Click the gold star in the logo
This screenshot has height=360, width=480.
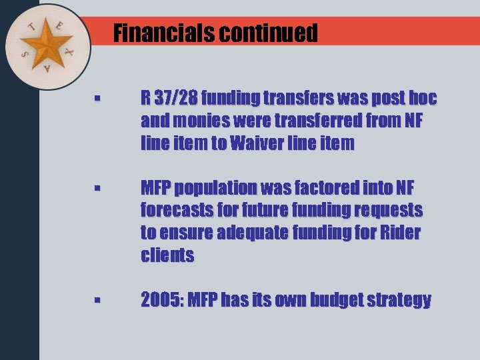pyautogui.click(x=47, y=45)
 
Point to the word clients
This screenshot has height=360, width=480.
pyautogui.click(x=167, y=255)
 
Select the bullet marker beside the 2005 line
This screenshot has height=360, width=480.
pyautogui.click(x=97, y=301)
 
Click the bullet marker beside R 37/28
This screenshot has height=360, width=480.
pyautogui.click(x=97, y=99)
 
